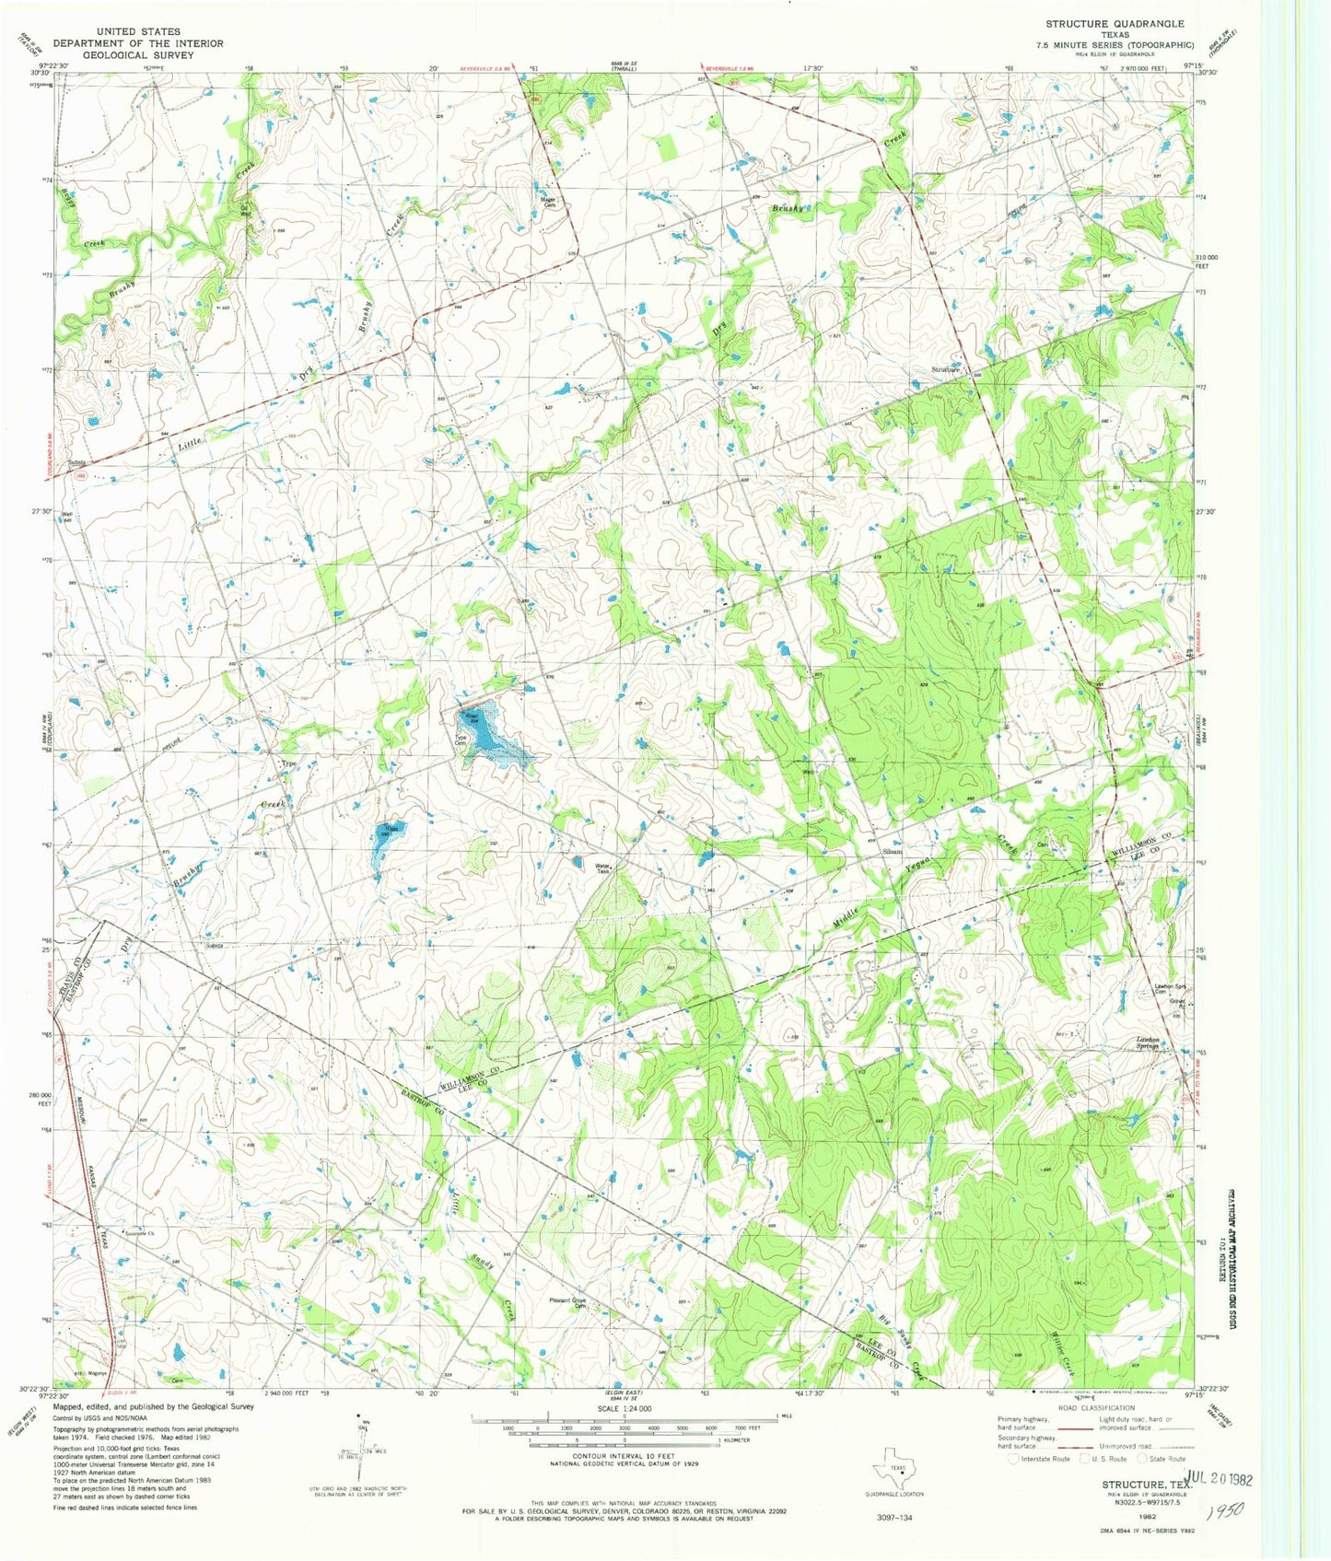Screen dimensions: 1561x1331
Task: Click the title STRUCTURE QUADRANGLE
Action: coord(1115,24)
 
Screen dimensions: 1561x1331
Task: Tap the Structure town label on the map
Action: coord(947,369)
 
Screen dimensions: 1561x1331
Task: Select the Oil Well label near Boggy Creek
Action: coord(245,207)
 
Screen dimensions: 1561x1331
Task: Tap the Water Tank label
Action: coord(603,868)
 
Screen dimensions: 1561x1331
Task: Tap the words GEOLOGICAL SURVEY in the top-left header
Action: coord(137,55)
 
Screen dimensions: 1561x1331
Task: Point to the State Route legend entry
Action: coord(1163,1460)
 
